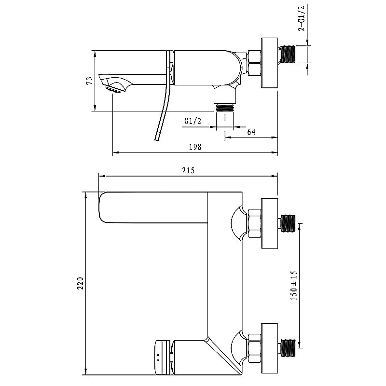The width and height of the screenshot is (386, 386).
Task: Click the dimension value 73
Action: point(89,81)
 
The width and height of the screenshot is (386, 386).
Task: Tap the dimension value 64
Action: point(251,132)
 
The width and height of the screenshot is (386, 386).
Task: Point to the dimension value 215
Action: point(188,170)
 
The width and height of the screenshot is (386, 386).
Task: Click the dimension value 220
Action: point(81,284)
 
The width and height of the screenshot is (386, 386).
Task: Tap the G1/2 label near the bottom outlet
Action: point(193,122)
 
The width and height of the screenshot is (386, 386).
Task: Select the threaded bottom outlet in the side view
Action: point(224,107)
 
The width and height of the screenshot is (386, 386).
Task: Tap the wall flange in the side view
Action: point(269,63)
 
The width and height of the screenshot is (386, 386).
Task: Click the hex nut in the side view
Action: point(254,63)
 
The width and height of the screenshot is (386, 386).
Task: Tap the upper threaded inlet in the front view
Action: point(288,224)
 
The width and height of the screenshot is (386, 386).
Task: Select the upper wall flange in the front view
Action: point(269,224)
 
